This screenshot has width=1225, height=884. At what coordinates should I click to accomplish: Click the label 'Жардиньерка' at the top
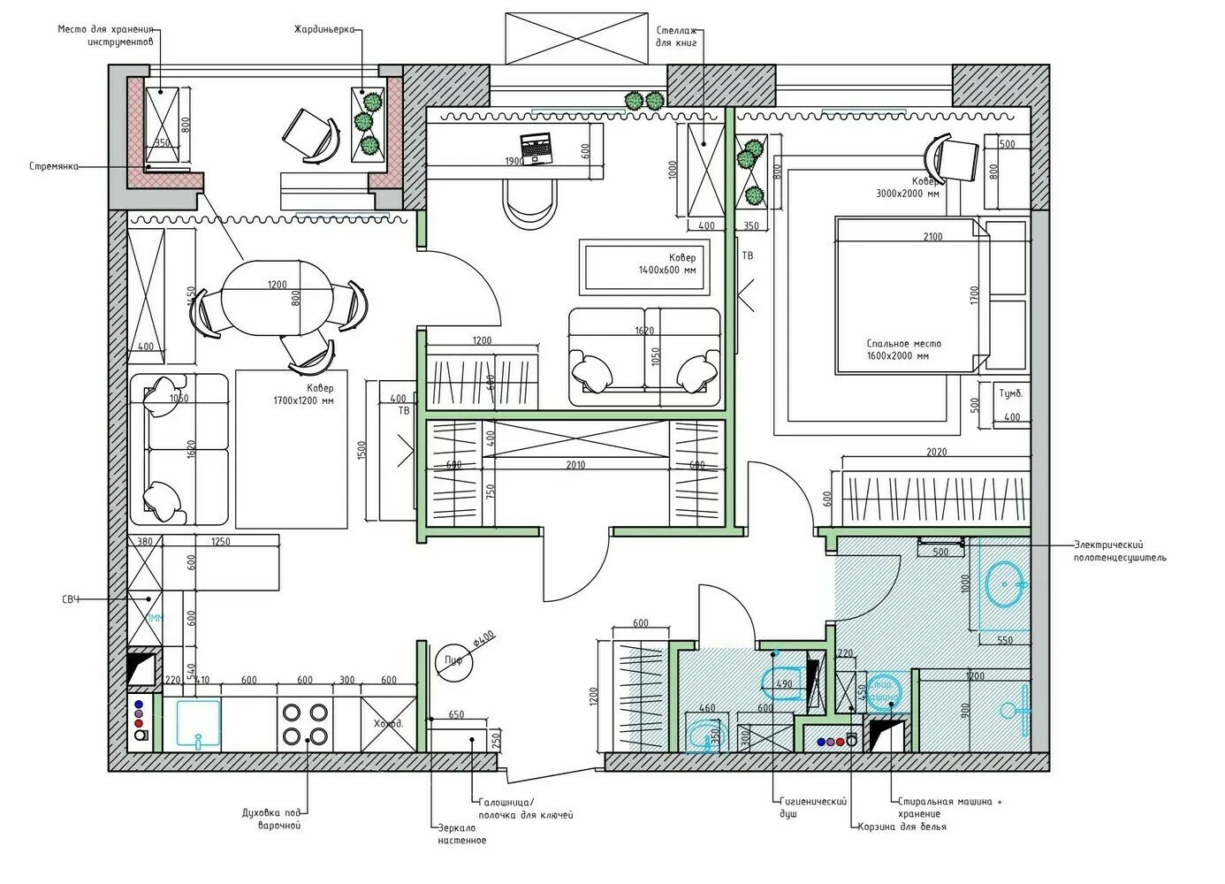(324, 29)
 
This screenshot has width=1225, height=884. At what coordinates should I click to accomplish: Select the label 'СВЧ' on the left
(71, 600)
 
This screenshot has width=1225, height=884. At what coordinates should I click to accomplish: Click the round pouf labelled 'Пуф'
(454, 659)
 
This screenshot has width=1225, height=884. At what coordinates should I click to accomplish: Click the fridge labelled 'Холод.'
(388, 722)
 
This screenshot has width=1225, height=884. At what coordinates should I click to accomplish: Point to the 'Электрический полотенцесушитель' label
(1120, 552)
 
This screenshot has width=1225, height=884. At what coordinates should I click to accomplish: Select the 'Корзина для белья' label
(902, 827)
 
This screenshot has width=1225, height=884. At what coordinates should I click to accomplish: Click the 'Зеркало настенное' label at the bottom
(461, 834)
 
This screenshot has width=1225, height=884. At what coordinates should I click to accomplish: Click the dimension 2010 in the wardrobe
(574, 465)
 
